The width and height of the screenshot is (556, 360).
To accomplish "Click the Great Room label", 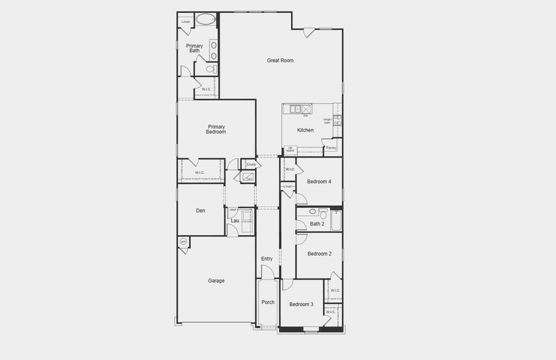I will (280, 61).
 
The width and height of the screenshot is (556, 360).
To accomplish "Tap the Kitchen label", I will (305, 130).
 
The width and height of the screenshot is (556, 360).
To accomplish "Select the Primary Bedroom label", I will (217, 129).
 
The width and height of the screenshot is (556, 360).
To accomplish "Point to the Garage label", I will (217, 280).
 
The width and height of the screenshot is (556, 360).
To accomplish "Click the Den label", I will (201, 211).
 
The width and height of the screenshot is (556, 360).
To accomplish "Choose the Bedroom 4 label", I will (319, 182).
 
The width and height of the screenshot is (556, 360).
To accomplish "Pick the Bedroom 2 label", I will (319, 254).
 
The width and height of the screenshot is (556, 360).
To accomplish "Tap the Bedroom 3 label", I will (301, 304).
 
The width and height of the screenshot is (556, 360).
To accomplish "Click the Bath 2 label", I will (317, 224).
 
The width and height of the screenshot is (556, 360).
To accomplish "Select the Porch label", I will (268, 302).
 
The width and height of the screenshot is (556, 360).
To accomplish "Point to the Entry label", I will (267, 259).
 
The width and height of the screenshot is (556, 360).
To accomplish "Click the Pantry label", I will (331, 148).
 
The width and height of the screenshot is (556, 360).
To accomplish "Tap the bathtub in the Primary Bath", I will (205, 19).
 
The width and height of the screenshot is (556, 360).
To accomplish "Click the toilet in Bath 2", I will (323, 214).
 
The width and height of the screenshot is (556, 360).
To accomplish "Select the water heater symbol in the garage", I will (184, 242).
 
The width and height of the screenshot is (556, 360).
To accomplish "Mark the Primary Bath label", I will (194, 48).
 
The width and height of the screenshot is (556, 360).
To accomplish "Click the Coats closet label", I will (251, 164).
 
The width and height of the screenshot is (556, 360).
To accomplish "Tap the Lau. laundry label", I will (236, 221).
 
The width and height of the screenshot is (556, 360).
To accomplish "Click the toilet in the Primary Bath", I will (211, 69).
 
